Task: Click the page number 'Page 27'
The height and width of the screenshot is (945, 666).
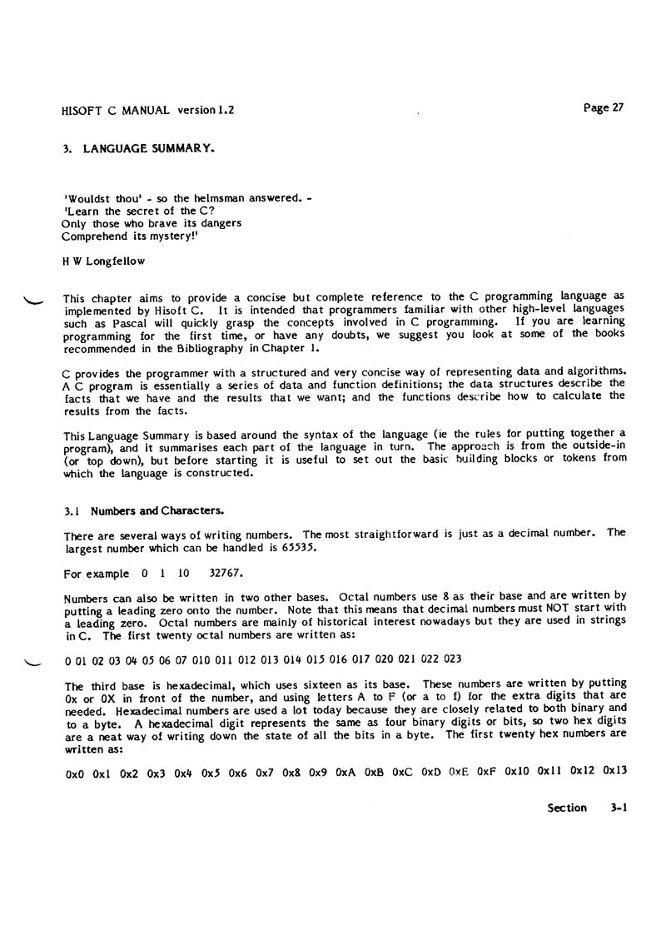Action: [x=602, y=107]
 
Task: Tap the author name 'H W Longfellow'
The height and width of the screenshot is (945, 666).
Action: [x=104, y=261]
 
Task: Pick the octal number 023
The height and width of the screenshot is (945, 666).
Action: [x=453, y=659]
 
